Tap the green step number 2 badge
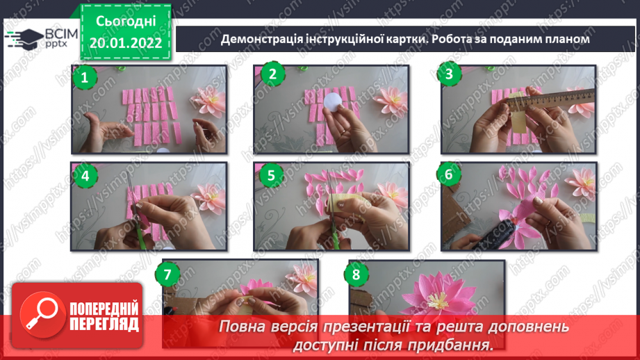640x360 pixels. (272, 75)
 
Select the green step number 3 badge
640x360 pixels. (450, 74)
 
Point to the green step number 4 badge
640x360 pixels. (85, 175)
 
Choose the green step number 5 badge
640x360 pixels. (271, 175)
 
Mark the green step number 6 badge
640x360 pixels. (449, 174)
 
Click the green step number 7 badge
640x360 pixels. (167, 274)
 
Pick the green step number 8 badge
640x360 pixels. (356, 275)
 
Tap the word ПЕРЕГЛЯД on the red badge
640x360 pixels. (104, 324)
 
